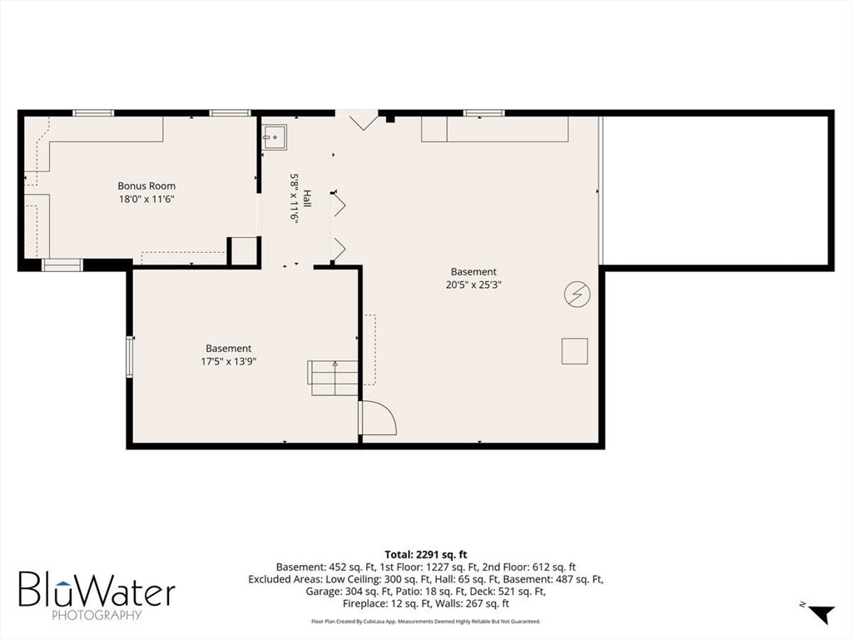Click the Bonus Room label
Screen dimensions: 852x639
pyautogui.click(x=146, y=186)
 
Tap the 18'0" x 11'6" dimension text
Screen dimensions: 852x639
pyautogui.click(x=146, y=200)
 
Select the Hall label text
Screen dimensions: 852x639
pyautogui.click(x=307, y=198)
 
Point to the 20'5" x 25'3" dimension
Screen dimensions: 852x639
pyautogui.click(x=473, y=285)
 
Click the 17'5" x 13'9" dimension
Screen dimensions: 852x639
pyautogui.click(x=228, y=361)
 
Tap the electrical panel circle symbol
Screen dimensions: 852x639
pyautogui.click(x=577, y=295)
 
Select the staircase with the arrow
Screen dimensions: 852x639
pyautogui.click(x=333, y=379)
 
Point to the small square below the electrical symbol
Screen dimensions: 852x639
pyautogui.click(x=574, y=351)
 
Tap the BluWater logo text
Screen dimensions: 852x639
pyautogui.click(x=97, y=589)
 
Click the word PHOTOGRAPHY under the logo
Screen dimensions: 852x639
pyautogui.click(x=97, y=616)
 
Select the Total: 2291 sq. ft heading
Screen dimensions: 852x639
pyautogui.click(x=426, y=555)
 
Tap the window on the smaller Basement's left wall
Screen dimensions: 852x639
pyautogui.click(x=130, y=356)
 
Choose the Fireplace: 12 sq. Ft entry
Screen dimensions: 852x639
pyautogui.click(x=389, y=604)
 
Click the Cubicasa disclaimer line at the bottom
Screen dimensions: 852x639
pyautogui.click(x=426, y=621)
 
